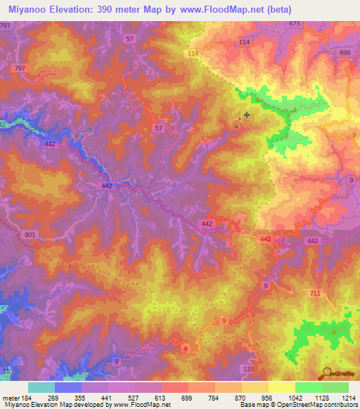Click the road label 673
(x=294, y=24)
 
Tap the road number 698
(x=345, y=53)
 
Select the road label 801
(x=29, y=235)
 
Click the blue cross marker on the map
(x=246, y=115)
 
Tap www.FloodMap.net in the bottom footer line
(x=134, y=404)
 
